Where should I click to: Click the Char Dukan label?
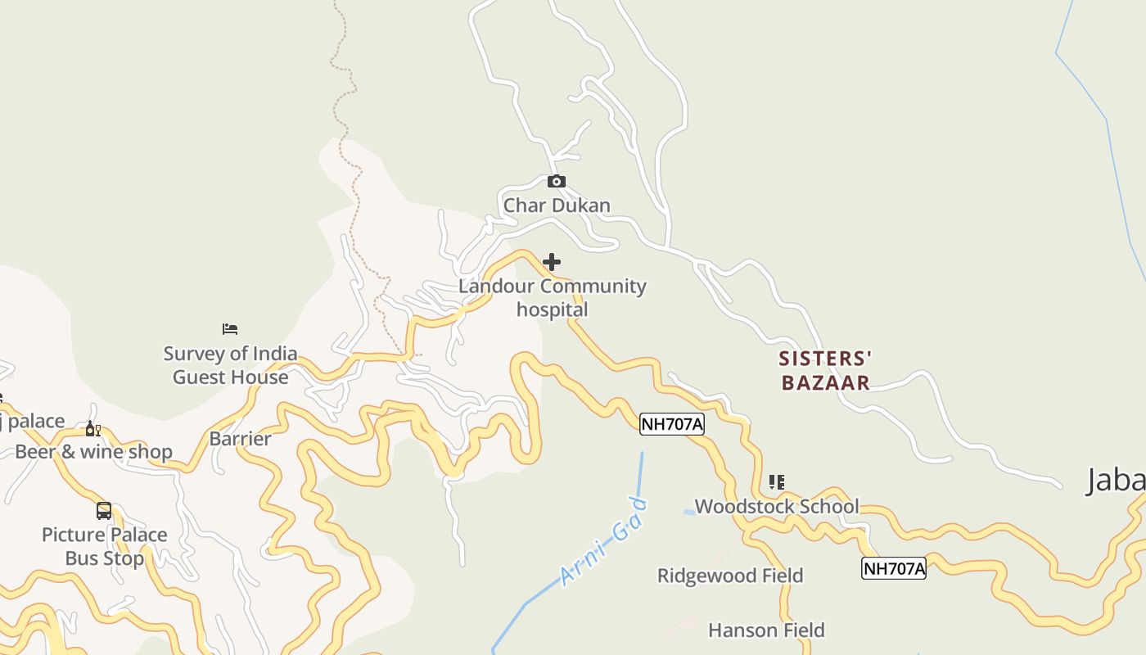pyautogui.click(x=557, y=205)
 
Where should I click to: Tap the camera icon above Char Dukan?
pyautogui.click(x=557, y=181)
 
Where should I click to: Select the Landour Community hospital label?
pyautogui.click(x=552, y=298)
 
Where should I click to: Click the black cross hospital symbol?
pyautogui.click(x=552, y=262)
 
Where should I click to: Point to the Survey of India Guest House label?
pyautogui.click(x=230, y=365)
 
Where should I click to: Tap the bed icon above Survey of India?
pyautogui.click(x=230, y=329)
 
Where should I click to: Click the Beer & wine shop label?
pyautogui.click(x=93, y=452)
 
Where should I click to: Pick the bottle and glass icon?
pyautogui.click(x=93, y=430)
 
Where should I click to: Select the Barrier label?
pyautogui.click(x=240, y=439)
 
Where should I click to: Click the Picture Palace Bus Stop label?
pyautogui.click(x=104, y=546)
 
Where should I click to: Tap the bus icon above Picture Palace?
pyautogui.click(x=104, y=511)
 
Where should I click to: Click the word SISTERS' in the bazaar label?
pyautogui.click(x=825, y=359)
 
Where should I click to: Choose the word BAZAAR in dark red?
pyautogui.click(x=825, y=382)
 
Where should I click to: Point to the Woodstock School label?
pyautogui.click(x=777, y=506)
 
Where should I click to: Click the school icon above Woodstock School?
pyautogui.click(x=776, y=481)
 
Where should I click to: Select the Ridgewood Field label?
pyautogui.click(x=730, y=576)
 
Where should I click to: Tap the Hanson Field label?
pyautogui.click(x=766, y=630)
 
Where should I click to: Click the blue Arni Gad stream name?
pyautogui.click(x=603, y=542)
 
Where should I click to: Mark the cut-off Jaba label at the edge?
pyautogui.click(x=1116, y=481)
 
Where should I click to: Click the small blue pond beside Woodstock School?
pyautogui.click(x=689, y=513)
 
